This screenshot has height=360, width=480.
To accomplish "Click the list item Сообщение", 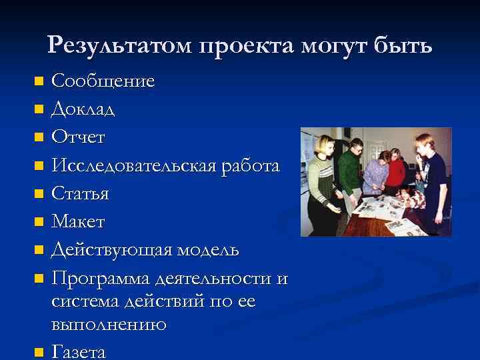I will click(103, 81).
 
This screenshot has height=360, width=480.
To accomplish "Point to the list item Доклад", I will click(83, 109).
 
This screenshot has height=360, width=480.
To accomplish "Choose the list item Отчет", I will click(78, 137).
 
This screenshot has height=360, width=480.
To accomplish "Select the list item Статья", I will click(80, 193).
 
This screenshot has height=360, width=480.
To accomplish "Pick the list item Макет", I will click(78, 221).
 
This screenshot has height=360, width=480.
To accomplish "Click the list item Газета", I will click(78, 351).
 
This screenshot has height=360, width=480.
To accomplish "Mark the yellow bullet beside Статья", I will click(38, 194).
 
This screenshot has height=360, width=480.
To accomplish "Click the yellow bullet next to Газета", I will click(38, 351).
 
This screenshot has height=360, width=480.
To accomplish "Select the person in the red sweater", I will click(396, 170).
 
